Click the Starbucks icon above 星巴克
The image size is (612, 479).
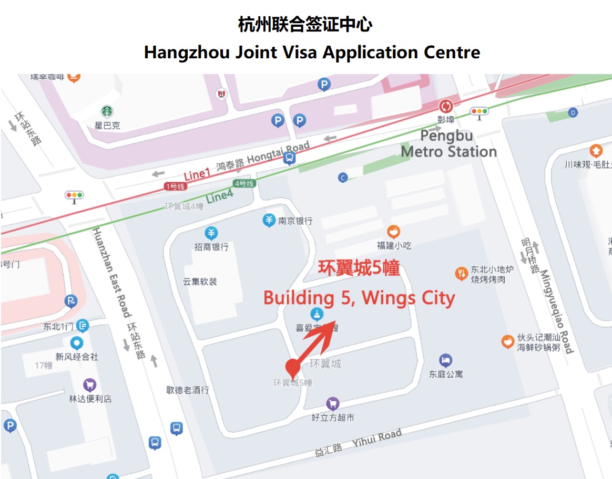tap(107, 111)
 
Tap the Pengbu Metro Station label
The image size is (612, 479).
tap(448, 144)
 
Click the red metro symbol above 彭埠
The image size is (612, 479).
tap(446, 106)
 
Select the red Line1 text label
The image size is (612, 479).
tap(197, 174)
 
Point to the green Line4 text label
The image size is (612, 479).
tap(219, 197)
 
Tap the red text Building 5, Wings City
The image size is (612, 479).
tap(359, 298)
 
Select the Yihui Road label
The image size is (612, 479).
tap(376, 438)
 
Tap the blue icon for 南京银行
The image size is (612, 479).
tap(269, 221)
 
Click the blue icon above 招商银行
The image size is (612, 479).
tap(211, 233)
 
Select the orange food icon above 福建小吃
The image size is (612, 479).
tap(393, 232)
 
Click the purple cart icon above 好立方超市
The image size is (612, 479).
tap(332, 404)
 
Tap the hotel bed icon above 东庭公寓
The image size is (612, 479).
tap(445, 360)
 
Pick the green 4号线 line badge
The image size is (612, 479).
tap(244, 183)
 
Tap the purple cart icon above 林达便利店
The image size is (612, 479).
tap(90, 385)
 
